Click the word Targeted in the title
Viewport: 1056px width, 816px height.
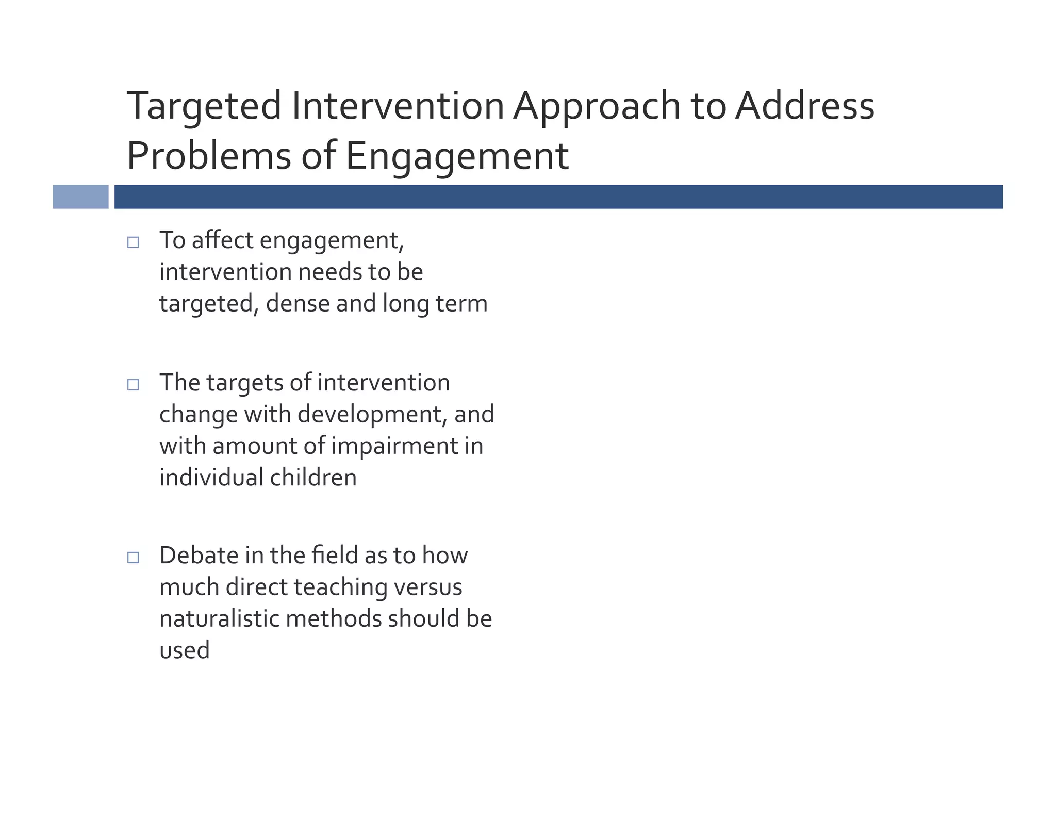coord(204,106)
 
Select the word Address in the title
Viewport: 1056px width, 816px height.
coord(804,106)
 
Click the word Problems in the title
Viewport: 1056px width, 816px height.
coord(209,156)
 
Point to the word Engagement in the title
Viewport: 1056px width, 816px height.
coord(456,156)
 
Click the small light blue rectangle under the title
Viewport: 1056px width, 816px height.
coord(80,197)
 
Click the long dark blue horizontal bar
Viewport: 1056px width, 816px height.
coord(558,197)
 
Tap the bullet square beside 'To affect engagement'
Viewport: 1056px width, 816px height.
coord(133,242)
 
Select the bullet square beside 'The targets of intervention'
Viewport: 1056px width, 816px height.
coord(133,384)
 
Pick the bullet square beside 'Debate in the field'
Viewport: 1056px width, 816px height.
coord(133,557)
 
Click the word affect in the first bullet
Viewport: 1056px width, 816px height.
coord(222,240)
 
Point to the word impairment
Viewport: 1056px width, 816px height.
coord(395,446)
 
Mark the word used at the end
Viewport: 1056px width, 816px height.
coord(184,650)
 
